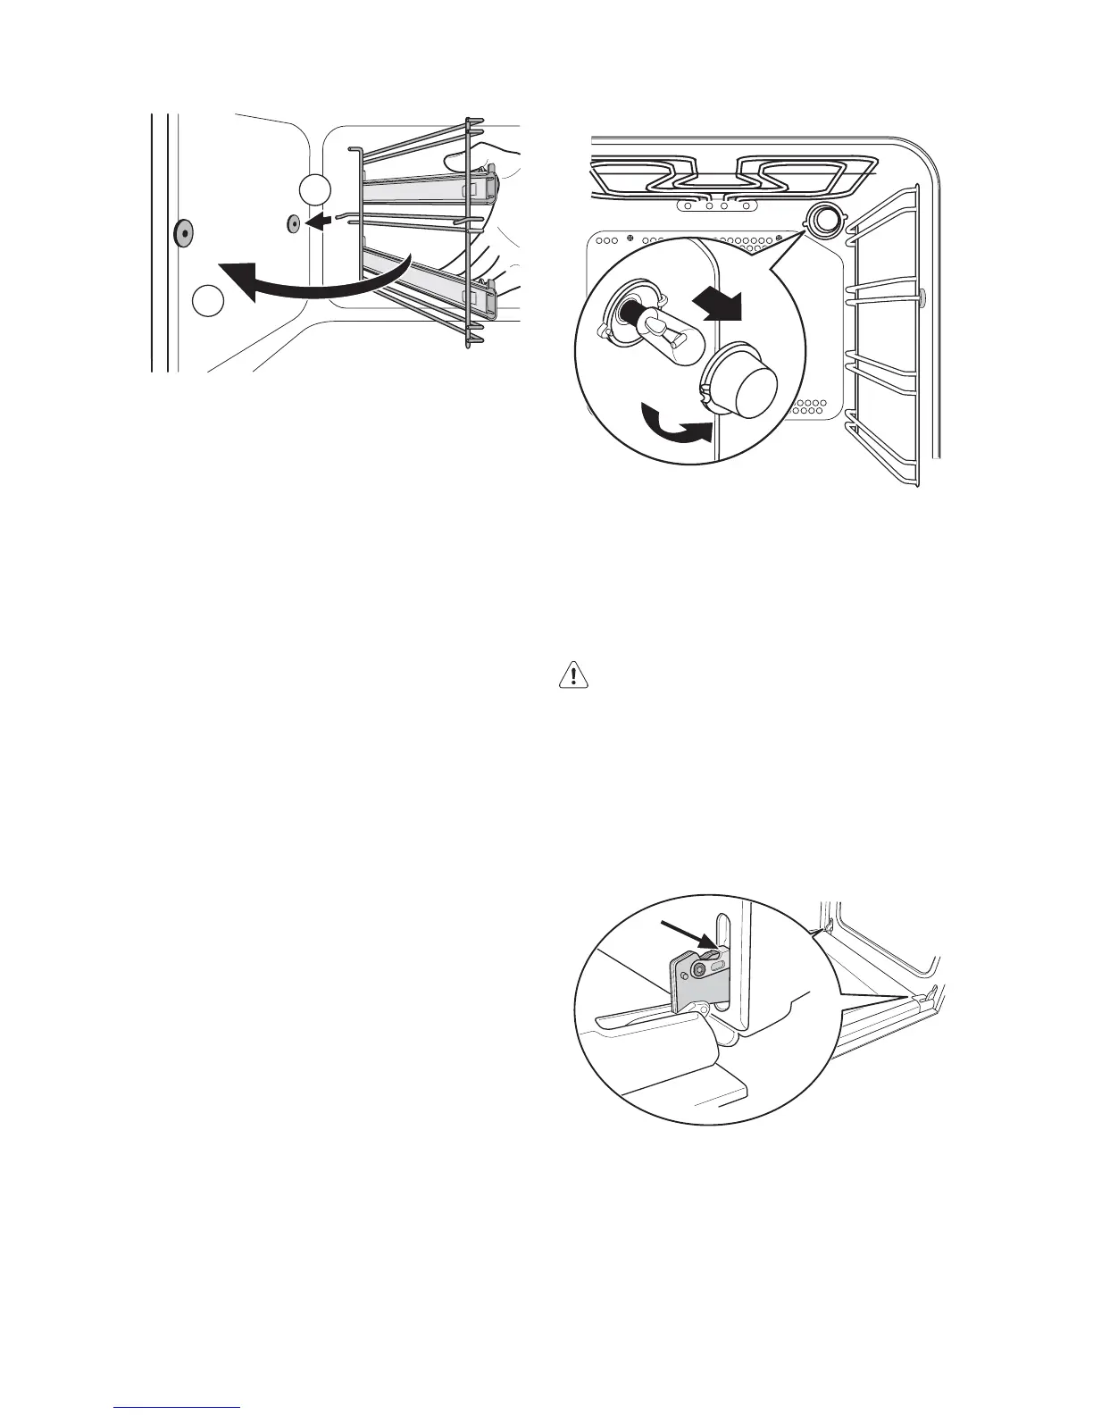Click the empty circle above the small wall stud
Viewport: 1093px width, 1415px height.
pos(314,189)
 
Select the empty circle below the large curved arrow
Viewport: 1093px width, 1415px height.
pos(208,299)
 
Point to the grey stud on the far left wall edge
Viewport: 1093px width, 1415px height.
pos(182,232)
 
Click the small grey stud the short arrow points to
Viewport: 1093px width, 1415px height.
pos(293,223)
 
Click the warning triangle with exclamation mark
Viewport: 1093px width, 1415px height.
pos(575,676)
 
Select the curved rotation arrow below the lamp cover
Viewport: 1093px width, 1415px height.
pos(675,428)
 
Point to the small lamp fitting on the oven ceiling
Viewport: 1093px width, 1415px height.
pos(822,217)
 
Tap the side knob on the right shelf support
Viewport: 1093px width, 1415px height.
pos(922,296)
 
